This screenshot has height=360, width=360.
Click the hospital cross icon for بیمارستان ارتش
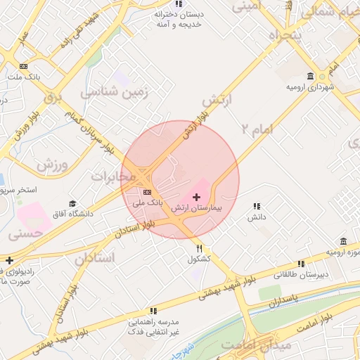click(196, 196)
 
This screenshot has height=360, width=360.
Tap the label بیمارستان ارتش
click(197, 209)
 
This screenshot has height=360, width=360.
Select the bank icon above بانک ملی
click(147, 192)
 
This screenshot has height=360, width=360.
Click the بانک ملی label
click(148, 202)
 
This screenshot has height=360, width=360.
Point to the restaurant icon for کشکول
click(200, 248)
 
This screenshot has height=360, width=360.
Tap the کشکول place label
click(200, 259)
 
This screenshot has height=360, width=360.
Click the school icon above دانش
click(257, 207)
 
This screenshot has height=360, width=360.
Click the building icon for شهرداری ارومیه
click(310, 76)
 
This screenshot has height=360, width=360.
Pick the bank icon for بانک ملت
click(25, 66)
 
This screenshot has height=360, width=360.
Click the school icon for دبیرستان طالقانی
click(301, 264)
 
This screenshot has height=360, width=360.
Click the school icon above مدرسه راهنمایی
click(153, 310)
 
